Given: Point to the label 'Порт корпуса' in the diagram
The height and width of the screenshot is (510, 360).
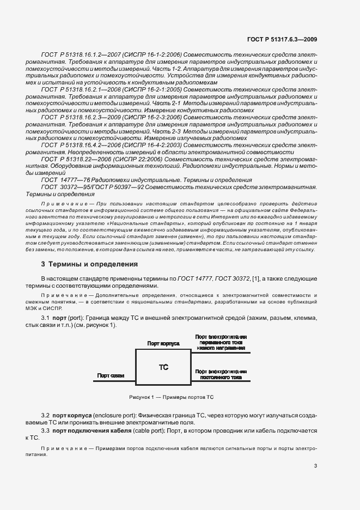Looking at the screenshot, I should (x=163, y=344).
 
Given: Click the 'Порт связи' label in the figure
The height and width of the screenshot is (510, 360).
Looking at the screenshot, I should (x=111, y=375).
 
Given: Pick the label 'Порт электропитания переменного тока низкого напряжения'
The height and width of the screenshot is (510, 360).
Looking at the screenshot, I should (x=220, y=342).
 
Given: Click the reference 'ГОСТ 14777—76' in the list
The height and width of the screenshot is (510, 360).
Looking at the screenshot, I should (x=60, y=179).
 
